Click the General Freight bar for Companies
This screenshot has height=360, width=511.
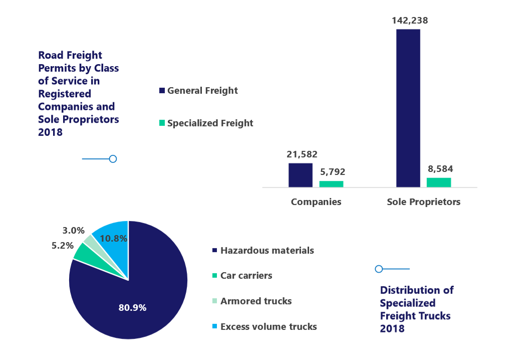point(300,175)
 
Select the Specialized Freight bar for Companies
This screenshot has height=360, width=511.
point(331,184)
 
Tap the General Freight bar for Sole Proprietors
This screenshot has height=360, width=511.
point(408,108)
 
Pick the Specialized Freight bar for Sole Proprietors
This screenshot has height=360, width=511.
point(439,183)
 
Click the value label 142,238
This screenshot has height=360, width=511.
point(408,21)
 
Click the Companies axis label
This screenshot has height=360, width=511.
point(316,202)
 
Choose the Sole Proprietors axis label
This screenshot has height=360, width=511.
point(423,202)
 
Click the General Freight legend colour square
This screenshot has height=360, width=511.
point(162,91)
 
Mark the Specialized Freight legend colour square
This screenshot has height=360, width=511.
point(162,123)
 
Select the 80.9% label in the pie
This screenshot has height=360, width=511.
point(132,307)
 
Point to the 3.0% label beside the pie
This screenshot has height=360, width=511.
point(73,231)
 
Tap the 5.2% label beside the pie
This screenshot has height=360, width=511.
point(63,246)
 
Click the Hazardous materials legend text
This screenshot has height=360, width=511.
point(267,250)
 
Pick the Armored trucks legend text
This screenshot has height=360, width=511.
point(256,301)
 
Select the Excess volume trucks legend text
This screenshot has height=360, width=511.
point(269,326)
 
